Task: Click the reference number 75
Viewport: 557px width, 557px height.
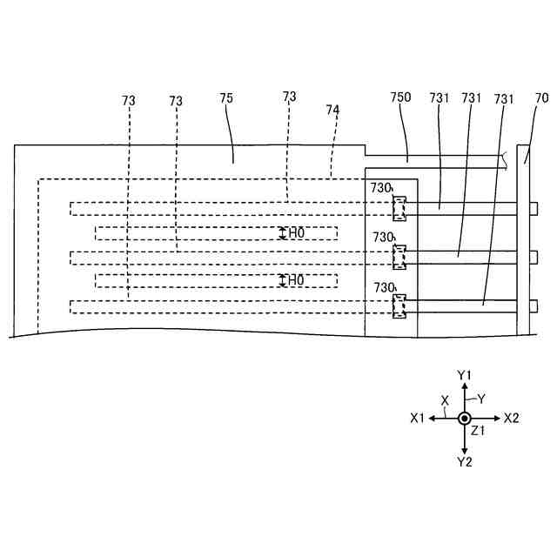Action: point(226,99)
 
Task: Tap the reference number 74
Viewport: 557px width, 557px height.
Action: point(332,111)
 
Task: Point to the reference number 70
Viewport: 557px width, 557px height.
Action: point(541,98)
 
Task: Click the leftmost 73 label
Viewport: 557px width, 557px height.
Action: point(129,101)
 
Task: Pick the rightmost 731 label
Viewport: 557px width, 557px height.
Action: point(504,98)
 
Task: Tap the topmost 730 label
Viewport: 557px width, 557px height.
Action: point(383,187)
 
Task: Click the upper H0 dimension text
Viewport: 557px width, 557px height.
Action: point(297,232)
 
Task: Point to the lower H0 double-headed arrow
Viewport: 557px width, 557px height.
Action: point(282,280)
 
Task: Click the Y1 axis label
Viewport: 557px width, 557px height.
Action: point(464,374)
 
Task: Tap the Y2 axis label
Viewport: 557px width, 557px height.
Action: point(464,461)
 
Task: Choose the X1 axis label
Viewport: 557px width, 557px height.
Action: point(417,418)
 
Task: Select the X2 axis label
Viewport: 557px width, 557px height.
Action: point(511,418)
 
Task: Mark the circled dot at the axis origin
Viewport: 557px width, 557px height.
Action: point(464,418)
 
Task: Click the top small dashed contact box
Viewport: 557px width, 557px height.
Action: point(399,207)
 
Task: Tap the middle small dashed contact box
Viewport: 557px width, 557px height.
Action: point(399,257)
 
